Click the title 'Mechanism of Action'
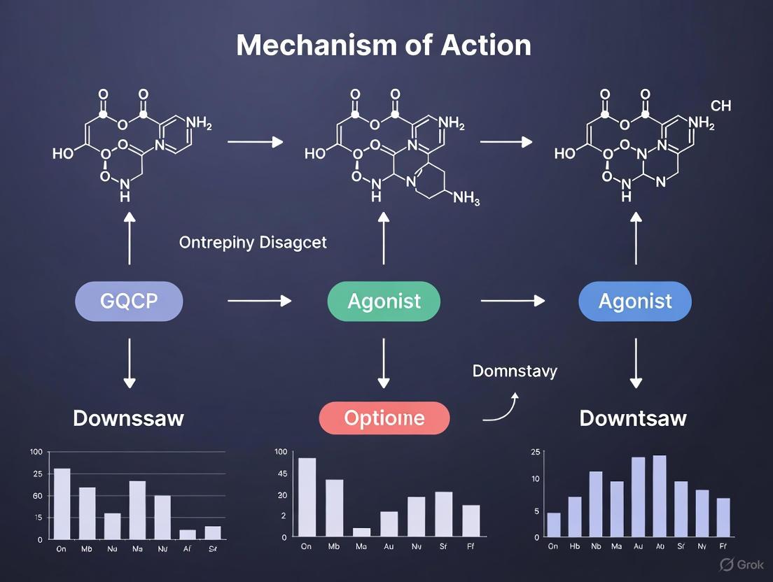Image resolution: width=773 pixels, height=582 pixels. [384, 45]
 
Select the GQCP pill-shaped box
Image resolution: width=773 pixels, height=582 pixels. [129, 301]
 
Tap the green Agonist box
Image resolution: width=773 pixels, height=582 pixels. [384, 301]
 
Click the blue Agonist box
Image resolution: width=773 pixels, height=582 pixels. [635, 301]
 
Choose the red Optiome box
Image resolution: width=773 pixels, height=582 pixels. [384, 418]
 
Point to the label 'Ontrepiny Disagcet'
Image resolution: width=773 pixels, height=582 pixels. [253, 243]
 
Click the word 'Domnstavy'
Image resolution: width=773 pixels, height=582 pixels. [515, 371]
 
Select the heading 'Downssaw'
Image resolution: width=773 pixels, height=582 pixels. [129, 418]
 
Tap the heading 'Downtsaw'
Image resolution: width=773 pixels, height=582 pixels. [633, 418]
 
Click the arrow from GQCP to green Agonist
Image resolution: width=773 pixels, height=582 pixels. [259, 301]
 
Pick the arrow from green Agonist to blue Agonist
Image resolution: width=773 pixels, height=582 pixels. [512, 301]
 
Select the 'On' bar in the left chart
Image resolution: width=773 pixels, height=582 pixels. [62, 504]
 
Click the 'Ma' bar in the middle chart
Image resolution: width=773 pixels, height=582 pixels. [361, 532]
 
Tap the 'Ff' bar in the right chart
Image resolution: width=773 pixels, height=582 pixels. [723, 517]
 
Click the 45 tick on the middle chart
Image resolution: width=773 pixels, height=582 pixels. [283, 474]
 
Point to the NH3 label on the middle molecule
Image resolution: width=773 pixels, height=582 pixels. [466, 198]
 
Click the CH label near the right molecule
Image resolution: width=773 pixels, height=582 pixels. [720, 106]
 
